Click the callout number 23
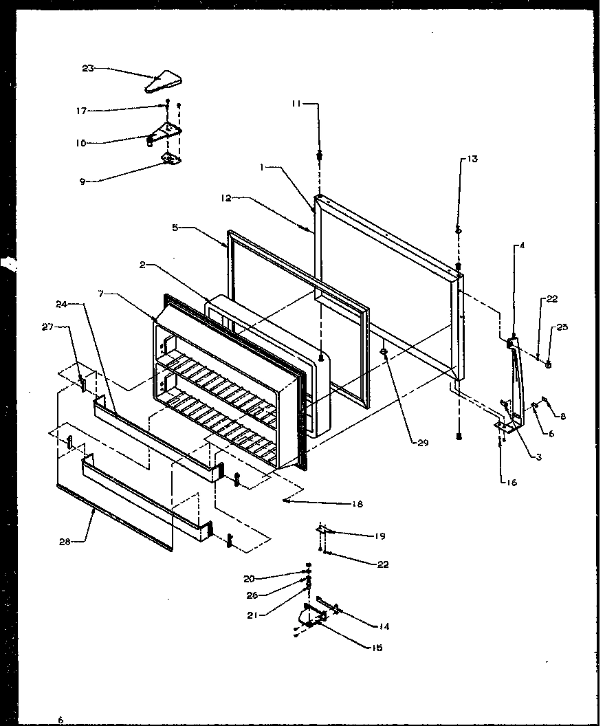87,67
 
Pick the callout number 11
296,103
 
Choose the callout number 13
472,159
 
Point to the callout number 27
48,328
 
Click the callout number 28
65,541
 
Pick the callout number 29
423,443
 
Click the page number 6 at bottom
60,719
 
